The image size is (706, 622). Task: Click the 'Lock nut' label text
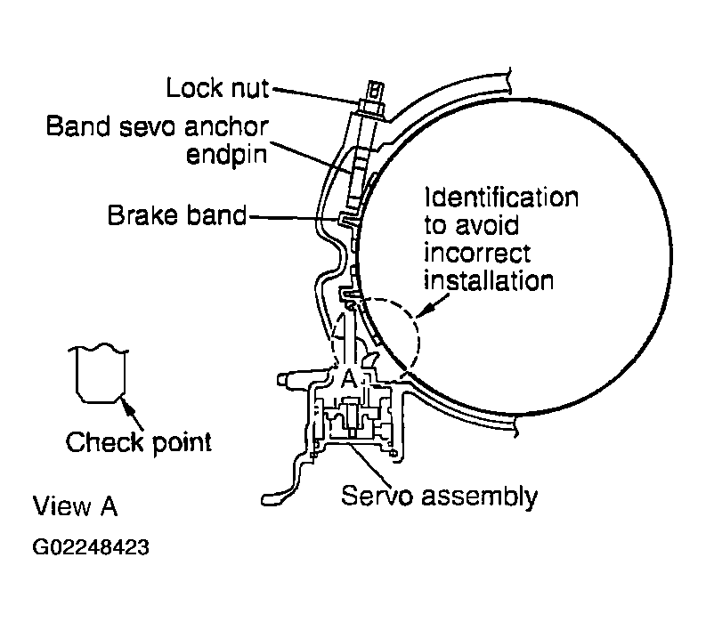point(217,87)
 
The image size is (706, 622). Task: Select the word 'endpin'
point(226,155)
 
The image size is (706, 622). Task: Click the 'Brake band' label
point(177,215)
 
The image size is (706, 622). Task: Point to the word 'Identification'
point(501,198)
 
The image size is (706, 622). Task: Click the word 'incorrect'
point(477,253)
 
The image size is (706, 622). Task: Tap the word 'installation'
point(489,281)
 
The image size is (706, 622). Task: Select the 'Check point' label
point(138,442)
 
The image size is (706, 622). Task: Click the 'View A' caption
point(75,506)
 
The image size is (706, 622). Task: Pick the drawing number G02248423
point(91,547)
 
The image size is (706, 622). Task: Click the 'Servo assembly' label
point(439,497)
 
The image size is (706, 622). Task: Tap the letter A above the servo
point(348,378)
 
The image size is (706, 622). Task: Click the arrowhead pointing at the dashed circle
point(423,311)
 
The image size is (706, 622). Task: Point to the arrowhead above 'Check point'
point(126,404)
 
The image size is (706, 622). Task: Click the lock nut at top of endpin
point(371,108)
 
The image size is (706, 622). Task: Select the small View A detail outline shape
point(98,373)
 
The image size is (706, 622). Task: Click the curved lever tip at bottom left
point(270,499)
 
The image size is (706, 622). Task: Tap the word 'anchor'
point(226,126)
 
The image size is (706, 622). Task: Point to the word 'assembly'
point(479,497)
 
